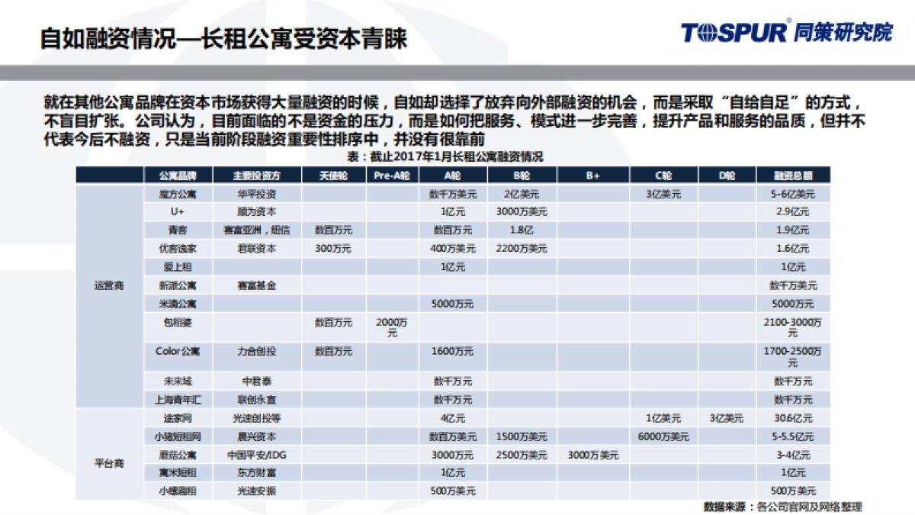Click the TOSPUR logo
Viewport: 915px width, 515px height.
coord(785,32)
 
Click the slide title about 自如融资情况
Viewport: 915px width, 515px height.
coord(223,38)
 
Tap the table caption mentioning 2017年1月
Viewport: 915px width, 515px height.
coord(445,156)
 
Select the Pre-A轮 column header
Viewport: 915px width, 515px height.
coord(392,175)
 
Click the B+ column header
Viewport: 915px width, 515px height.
coord(593,175)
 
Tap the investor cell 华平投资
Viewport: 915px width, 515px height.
coord(255,194)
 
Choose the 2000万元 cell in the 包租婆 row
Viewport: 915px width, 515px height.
coord(392,327)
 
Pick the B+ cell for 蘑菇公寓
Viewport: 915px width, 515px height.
coord(593,455)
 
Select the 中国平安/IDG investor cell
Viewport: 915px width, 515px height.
coord(255,455)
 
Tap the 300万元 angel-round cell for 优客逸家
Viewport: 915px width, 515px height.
coord(333,248)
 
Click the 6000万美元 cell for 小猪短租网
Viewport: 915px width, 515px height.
coord(663,436)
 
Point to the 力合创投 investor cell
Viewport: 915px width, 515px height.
coord(255,352)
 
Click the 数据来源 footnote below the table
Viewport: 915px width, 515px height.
coord(782,507)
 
